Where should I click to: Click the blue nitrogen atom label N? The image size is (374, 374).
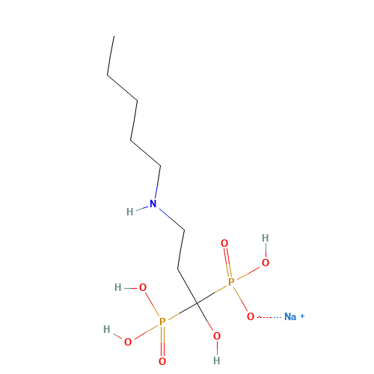point(153,203)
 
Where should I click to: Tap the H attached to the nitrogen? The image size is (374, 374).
point(130,212)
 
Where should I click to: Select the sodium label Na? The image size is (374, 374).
point(290,316)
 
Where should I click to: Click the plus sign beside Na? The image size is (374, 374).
point(302,316)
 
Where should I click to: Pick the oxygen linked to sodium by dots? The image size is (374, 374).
point(251,316)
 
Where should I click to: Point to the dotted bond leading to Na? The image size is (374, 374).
point(269,317)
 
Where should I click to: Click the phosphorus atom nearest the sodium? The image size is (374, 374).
point(231,282)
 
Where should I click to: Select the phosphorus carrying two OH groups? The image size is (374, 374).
point(162,322)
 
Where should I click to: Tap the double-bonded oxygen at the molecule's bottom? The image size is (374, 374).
point(162,361)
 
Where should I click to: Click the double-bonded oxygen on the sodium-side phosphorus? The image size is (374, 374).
point(224,243)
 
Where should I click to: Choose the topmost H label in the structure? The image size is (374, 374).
point(266,238)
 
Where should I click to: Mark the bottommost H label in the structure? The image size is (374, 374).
point(217,361)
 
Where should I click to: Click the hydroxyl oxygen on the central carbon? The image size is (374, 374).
point(217,336)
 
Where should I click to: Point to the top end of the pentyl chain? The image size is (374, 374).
point(114,36)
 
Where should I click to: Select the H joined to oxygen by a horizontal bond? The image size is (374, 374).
point(118,287)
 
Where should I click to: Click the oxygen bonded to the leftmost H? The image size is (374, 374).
point(128,342)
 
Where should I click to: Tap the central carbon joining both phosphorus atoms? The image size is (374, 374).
point(197,304)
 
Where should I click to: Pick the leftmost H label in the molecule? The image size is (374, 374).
point(107,329)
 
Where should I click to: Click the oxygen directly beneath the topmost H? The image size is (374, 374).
point(266,263)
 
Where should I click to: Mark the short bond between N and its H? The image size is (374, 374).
point(142,209)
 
